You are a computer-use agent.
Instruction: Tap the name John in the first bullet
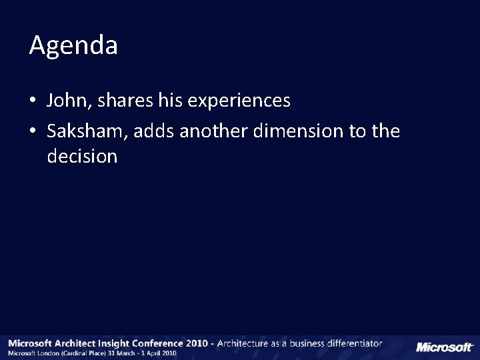(67, 101)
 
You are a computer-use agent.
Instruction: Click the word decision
(83, 157)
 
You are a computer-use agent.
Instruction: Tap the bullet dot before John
(33, 101)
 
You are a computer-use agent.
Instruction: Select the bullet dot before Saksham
(33, 132)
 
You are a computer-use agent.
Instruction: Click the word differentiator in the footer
(352, 343)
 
